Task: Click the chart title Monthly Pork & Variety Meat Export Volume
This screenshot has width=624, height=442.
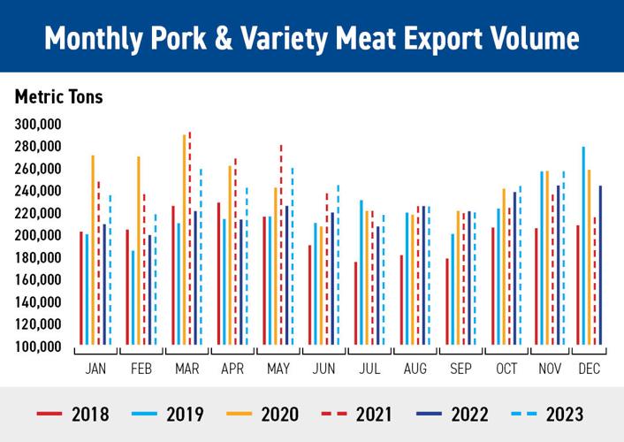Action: [x=312, y=37]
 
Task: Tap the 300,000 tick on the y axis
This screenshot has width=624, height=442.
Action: [x=38, y=124]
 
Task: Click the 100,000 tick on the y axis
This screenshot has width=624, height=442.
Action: [x=38, y=347]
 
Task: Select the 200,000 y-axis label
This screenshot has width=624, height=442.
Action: [x=38, y=235]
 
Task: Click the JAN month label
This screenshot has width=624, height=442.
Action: [x=95, y=368]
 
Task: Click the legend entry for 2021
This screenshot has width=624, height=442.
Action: [x=354, y=414]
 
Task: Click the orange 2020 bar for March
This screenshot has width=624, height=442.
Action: [x=184, y=240]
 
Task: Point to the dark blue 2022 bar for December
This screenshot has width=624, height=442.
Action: [x=600, y=265]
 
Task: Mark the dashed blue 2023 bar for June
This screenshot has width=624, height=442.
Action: [x=338, y=265]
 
